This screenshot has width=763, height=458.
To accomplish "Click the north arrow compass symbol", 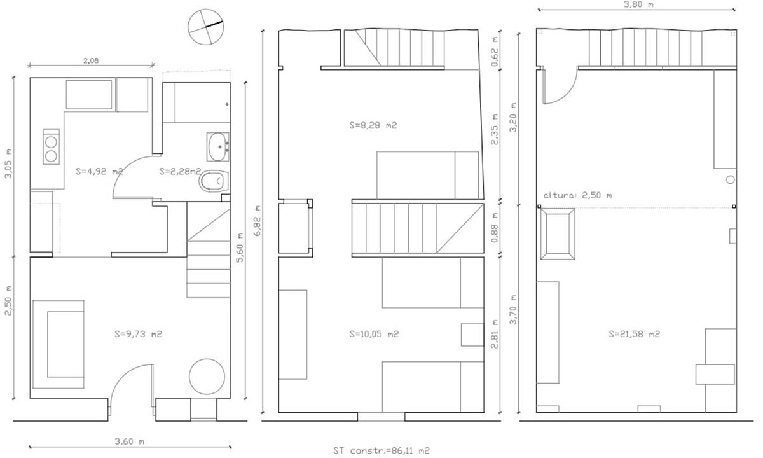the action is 206,27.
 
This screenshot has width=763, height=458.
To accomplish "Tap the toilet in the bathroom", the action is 214,181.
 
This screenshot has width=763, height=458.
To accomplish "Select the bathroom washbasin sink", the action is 217,147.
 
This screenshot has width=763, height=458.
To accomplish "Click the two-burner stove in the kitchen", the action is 51,147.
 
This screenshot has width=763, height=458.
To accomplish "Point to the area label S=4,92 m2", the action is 99,171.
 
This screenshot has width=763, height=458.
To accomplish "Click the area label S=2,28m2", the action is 180,171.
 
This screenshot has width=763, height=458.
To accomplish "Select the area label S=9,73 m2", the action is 139,334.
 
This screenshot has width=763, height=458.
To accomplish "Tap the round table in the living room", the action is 207,377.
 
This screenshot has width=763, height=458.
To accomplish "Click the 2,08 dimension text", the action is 91,60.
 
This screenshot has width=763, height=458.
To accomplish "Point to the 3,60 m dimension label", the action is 130,441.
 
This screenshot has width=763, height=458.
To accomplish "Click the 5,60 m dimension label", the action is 240,247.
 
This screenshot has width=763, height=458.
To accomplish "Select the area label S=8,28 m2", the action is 373,125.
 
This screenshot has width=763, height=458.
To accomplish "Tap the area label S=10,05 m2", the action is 374,334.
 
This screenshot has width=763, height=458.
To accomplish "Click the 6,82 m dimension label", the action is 258,221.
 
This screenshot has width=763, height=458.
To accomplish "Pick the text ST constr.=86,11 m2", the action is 381,451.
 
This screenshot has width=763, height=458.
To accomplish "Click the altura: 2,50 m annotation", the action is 577,196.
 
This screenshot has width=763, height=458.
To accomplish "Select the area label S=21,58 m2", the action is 635,334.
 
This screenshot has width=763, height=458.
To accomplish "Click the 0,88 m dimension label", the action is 495,228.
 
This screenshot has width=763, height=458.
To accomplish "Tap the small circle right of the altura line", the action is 731,180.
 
